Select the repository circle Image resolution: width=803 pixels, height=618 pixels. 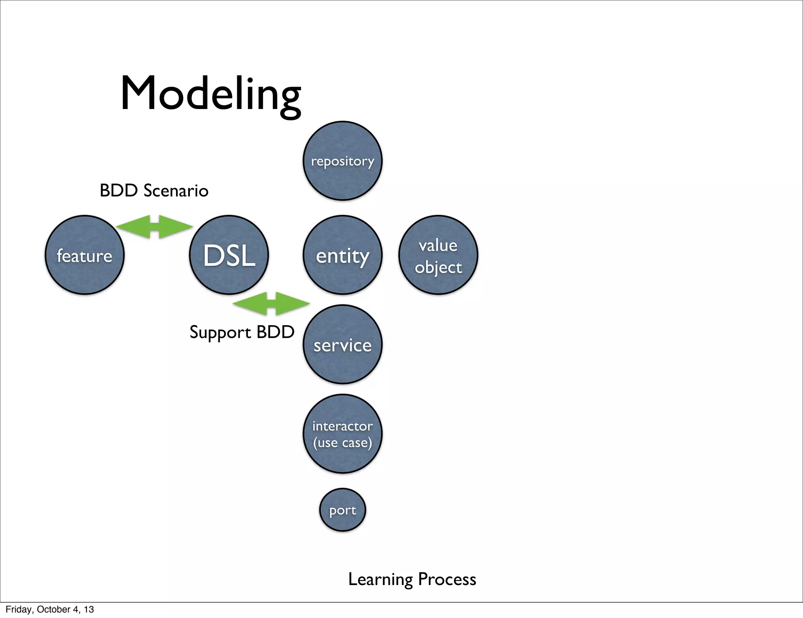tap(342, 161)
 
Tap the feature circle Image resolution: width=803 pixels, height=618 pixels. tap(85, 255)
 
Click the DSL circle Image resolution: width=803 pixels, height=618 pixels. tap(229, 255)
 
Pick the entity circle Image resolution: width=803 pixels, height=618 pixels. tap(342, 255)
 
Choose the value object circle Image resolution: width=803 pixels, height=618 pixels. tap(438, 255)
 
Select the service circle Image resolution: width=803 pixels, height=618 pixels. tap(342, 344)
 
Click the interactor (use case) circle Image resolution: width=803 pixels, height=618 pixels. tap(342, 434)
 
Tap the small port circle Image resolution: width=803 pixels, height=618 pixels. tap(342, 510)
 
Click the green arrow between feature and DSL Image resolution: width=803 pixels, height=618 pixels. tap(154, 227)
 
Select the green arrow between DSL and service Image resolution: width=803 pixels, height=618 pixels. tap(271, 304)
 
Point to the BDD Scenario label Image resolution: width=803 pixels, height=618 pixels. tap(154, 191)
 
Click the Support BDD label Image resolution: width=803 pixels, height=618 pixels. tap(242, 333)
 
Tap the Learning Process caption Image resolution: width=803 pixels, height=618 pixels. tap(412, 580)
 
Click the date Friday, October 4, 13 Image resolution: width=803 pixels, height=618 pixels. tap(50, 609)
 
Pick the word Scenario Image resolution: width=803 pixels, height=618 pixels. tap(176, 191)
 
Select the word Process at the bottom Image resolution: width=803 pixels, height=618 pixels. tap(447, 580)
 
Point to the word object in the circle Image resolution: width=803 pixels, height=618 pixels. tap(438, 268)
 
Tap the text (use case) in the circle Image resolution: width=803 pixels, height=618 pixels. tap(342, 443)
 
